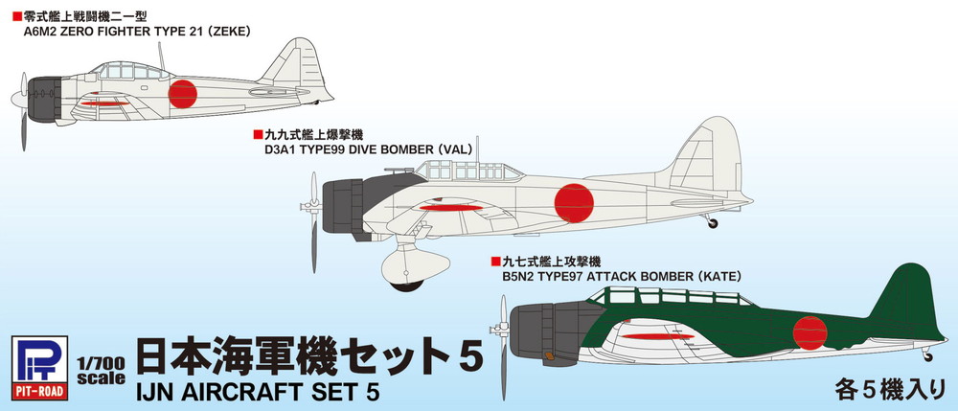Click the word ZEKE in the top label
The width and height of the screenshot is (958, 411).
point(228,30)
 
